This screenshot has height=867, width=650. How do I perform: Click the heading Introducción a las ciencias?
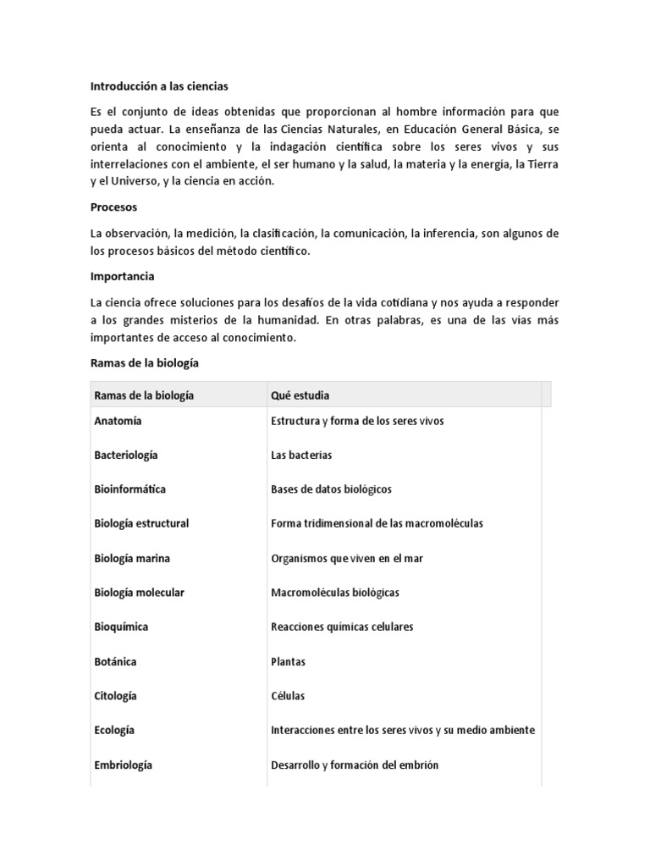[159, 86]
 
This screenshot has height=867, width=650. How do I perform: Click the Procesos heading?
[113, 207]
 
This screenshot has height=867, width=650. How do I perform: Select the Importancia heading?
[123, 276]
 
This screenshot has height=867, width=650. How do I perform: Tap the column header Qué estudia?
[300, 395]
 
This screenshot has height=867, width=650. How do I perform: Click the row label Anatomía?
[118, 421]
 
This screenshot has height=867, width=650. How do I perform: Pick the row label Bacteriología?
[126, 455]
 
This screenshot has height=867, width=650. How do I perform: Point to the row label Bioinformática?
[130, 489]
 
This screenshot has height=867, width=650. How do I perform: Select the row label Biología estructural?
[141, 523]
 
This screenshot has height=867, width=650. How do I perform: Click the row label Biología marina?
[132, 558]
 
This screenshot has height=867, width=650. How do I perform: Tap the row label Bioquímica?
[122, 627]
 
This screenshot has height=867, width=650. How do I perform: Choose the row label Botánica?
[116, 661]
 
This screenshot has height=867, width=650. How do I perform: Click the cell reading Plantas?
[288, 661]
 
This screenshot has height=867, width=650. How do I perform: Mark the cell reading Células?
[288, 696]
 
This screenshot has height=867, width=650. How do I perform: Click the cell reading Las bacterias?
[301, 455]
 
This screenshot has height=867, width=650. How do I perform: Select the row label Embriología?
[124, 765]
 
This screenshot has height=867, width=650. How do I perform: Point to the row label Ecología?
[115, 730]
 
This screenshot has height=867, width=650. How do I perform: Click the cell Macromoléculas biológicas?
[335, 593]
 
